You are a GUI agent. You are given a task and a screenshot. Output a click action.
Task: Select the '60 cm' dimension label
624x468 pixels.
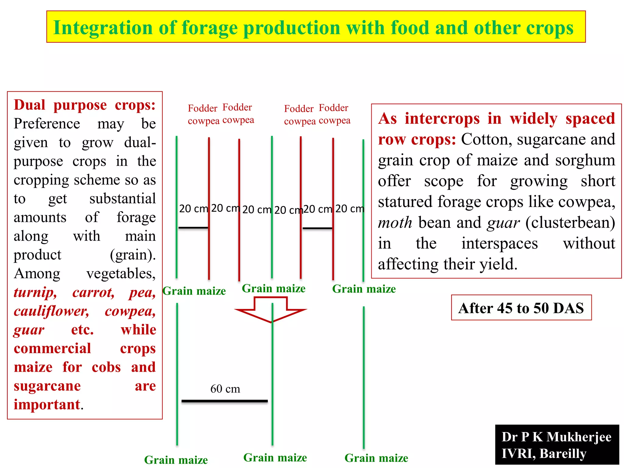[x=225, y=389]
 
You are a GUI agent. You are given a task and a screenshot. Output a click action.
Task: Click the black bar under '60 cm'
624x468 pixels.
[x=225, y=401]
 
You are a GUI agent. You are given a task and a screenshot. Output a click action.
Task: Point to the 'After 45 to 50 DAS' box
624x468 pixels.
[x=521, y=308]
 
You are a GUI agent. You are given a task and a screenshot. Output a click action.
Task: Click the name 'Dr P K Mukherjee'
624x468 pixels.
[x=556, y=437]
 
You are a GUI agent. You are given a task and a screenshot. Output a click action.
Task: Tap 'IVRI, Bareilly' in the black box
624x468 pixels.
[x=544, y=453]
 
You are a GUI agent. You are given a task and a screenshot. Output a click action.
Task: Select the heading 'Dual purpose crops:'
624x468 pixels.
[x=85, y=105]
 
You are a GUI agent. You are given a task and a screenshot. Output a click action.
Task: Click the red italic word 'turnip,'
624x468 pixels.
[x=35, y=292]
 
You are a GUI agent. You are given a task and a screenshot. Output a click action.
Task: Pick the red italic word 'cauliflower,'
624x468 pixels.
[x=51, y=311]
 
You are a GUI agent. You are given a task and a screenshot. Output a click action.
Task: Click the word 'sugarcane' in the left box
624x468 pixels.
[x=47, y=386]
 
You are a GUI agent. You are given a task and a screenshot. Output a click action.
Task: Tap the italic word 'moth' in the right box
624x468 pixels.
[x=395, y=223]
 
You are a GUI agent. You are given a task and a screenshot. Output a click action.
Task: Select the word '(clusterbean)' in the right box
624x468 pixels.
[x=570, y=223]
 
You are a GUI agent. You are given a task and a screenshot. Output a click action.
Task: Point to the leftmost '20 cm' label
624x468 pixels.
[x=193, y=209]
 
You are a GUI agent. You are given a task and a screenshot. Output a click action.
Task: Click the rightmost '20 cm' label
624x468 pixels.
[x=350, y=209]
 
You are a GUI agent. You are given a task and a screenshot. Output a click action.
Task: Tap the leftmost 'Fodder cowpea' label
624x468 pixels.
[x=203, y=115]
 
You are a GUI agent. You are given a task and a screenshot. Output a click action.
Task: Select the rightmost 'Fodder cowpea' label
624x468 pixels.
[x=334, y=114]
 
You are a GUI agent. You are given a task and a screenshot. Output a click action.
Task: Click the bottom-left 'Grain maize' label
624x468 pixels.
[x=176, y=459]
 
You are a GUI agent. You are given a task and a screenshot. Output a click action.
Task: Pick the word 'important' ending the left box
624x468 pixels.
[x=47, y=405]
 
